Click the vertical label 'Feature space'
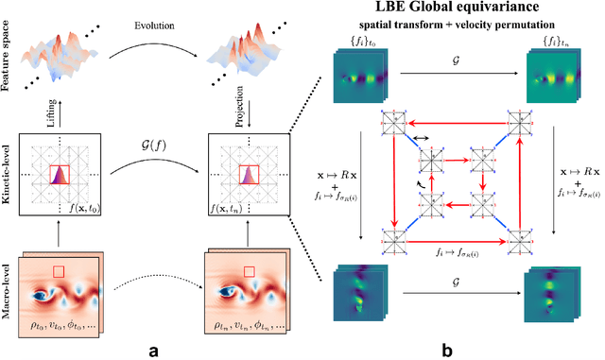tap(9, 44)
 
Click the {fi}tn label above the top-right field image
tap(549, 42)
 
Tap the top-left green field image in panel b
tap(360, 76)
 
